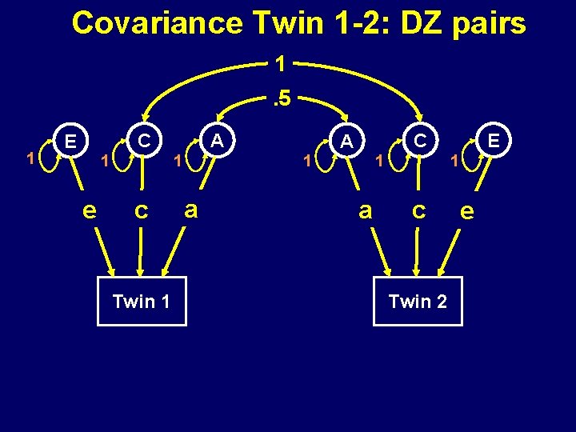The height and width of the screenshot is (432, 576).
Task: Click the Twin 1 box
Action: pos(142,301)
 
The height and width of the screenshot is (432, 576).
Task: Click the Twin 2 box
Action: pos(418,301)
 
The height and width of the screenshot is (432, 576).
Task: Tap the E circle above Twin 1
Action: pos(71,142)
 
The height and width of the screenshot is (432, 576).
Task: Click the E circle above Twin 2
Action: pos(494,142)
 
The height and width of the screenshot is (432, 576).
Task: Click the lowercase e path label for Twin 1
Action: pos(90,210)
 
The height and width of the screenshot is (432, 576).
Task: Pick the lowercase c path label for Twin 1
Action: pos(141,210)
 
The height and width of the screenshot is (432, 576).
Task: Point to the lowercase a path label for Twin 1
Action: pos(190,210)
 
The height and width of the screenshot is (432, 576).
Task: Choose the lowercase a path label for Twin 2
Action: pos(366,210)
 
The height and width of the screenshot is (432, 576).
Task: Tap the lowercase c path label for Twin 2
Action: pos(418,210)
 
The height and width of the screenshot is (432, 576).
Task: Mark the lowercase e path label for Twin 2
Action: pos(468,210)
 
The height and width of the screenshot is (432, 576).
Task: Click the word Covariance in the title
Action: pos(157,23)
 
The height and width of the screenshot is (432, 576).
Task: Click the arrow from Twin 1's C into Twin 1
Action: pos(141,252)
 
